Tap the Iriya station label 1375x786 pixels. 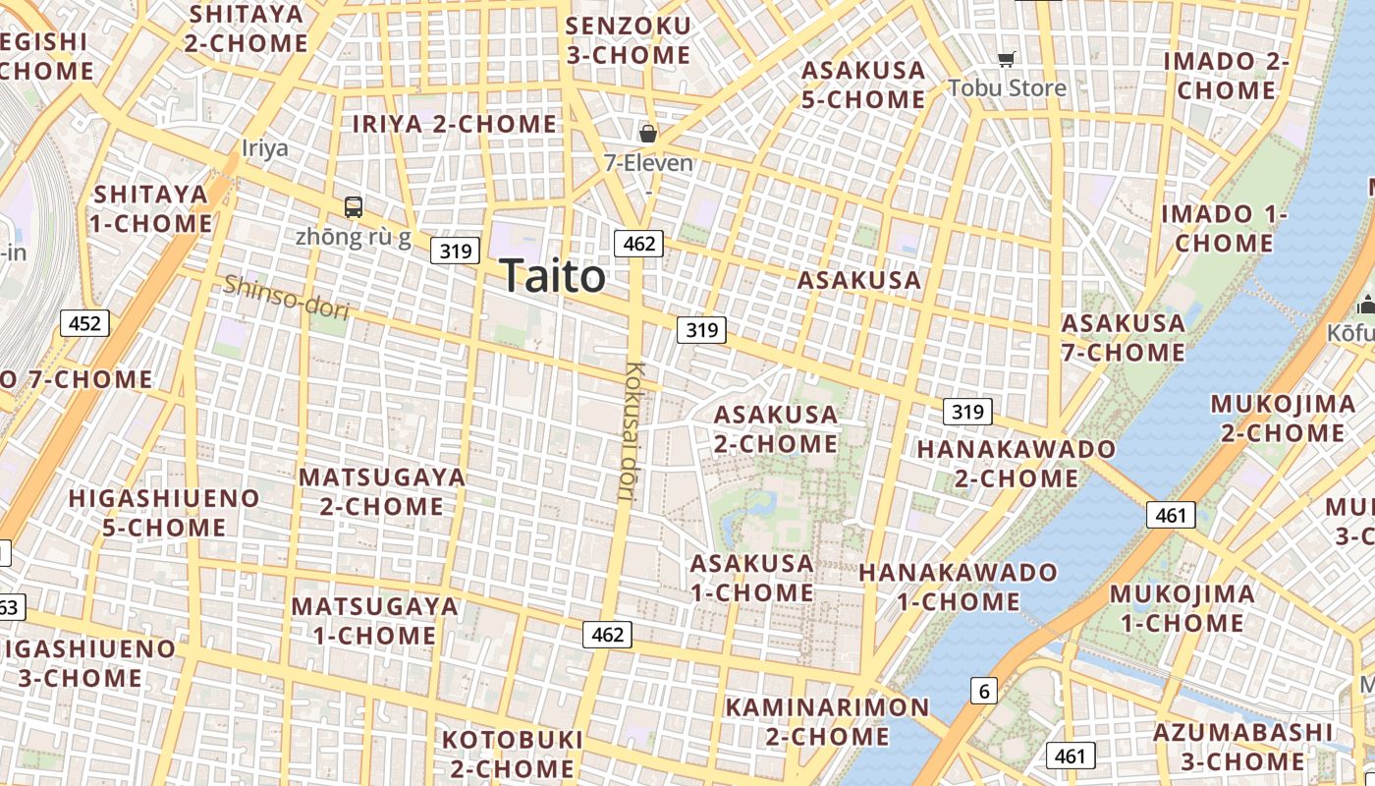[x=265, y=148]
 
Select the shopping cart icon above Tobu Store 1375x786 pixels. [x=1006, y=60]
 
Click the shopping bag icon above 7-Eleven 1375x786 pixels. [x=647, y=133]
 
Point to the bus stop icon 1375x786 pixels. [x=354, y=207]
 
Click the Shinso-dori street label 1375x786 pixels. [x=286, y=297]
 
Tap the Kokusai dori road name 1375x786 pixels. [x=635, y=432]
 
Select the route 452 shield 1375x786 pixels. [x=84, y=322]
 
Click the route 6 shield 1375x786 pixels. [x=984, y=691]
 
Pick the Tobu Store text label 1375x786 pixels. [x=1007, y=88]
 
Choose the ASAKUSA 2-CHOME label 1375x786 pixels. [x=776, y=429]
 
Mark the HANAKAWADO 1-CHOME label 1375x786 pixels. [x=959, y=587]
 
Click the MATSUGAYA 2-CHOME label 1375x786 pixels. [x=382, y=491]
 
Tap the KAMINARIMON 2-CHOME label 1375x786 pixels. [x=827, y=721]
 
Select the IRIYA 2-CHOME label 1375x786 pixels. [x=455, y=124]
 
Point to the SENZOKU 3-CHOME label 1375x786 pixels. [x=629, y=40]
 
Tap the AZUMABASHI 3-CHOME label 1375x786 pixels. [x=1242, y=746]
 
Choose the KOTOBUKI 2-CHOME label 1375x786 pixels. [x=512, y=753]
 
